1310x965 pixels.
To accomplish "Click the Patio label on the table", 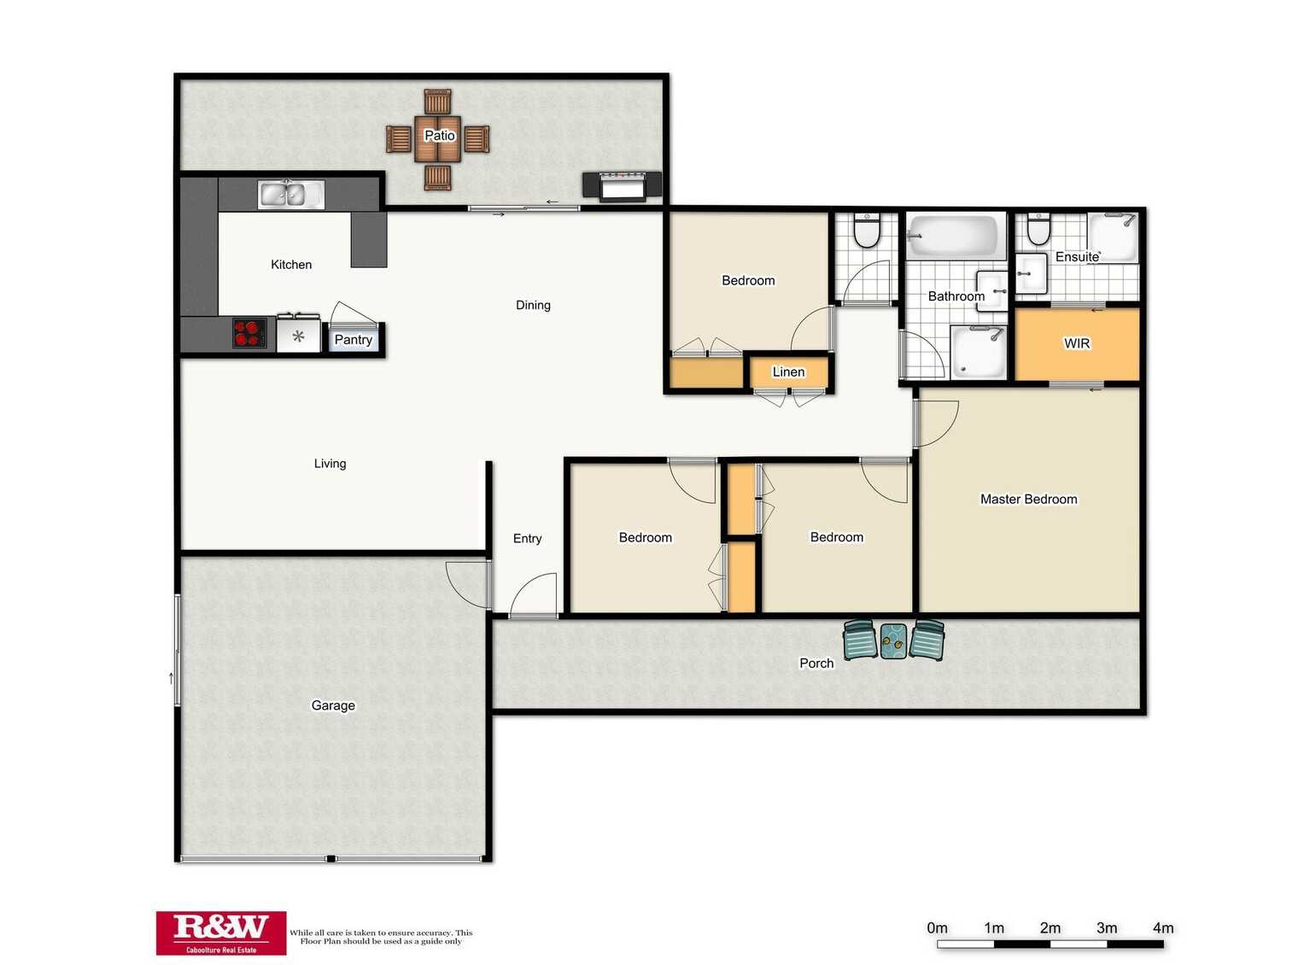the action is [x=439, y=135].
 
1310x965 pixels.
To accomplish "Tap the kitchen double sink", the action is [x=290, y=194].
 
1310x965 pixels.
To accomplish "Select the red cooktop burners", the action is [x=249, y=333].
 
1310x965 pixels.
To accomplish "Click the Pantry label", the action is [x=354, y=339].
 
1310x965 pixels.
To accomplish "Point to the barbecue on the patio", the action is [x=623, y=186].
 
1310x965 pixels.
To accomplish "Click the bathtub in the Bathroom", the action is [x=955, y=236].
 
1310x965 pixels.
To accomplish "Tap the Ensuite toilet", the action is [x=1038, y=229].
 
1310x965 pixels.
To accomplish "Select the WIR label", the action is [x=1077, y=343].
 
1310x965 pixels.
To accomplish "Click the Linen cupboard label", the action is [x=788, y=372].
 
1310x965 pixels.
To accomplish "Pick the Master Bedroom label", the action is [x=1029, y=499].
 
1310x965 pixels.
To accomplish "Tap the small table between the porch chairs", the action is [x=893, y=641].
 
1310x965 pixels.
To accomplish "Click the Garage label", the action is [x=333, y=705].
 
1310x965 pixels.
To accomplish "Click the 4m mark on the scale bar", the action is [x=1162, y=944].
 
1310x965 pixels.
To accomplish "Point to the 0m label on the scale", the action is [x=937, y=927].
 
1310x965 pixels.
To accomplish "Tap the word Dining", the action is [x=533, y=305].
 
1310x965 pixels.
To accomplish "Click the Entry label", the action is [x=527, y=538].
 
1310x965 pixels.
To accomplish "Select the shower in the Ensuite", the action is [x=1113, y=237].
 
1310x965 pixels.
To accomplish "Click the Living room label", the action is [x=330, y=463].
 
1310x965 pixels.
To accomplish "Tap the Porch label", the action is [x=816, y=664].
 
